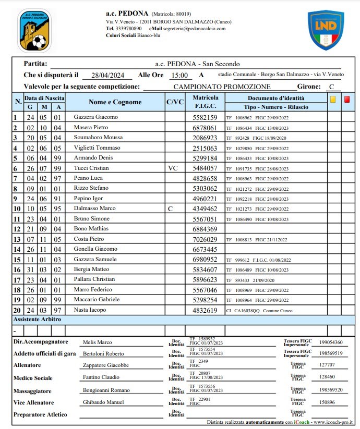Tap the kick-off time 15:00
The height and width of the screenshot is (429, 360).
(179, 75)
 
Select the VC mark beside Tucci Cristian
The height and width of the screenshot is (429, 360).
(173, 168)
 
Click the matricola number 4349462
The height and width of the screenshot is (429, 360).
(205, 209)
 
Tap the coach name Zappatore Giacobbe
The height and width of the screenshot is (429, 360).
(106, 365)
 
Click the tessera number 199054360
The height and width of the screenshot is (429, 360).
(331, 342)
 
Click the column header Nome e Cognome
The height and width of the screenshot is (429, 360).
(115, 102)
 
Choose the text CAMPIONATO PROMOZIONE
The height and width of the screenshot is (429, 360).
(222, 87)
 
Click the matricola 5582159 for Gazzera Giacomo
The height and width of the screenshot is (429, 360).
(205, 117)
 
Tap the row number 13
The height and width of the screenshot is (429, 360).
(17, 239)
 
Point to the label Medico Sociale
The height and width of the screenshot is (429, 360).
(33, 378)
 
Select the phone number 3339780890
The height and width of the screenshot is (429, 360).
(128, 29)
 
